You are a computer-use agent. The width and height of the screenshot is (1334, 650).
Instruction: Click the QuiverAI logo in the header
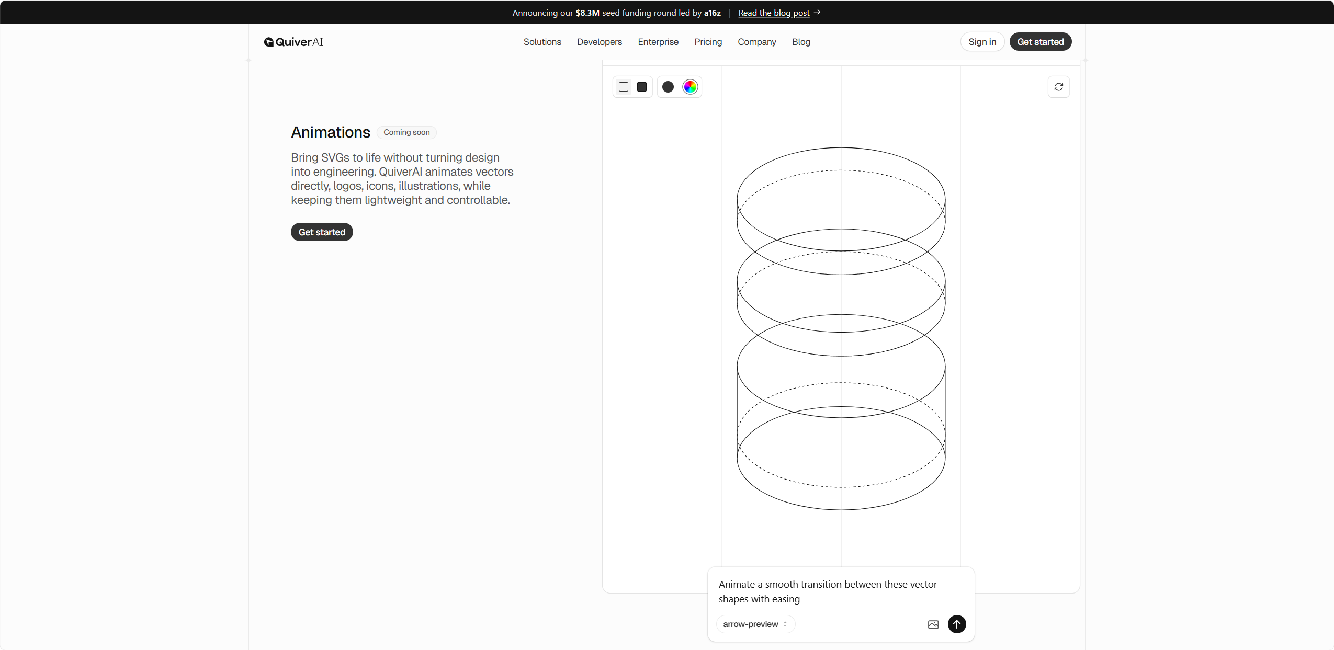pos(293,42)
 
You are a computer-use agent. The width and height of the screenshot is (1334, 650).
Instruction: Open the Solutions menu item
pos(542,42)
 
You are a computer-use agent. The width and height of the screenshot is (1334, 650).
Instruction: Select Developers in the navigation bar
pos(600,42)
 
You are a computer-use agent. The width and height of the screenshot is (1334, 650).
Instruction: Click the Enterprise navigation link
pos(658,42)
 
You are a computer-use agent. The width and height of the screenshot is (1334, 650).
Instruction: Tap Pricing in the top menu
pos(708,42)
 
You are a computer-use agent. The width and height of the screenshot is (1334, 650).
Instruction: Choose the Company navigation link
pos(756,42)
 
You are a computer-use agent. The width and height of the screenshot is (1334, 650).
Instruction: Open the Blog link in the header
pos(801,42)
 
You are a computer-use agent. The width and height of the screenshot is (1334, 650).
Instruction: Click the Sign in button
pos(982,42)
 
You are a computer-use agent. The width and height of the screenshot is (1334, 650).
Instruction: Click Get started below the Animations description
pos(322,232)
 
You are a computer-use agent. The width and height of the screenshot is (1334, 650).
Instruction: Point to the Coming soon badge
pos(406,132)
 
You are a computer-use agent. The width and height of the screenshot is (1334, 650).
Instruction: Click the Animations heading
pos(331,132)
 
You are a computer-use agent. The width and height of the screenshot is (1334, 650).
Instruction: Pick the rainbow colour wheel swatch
pos(690,87)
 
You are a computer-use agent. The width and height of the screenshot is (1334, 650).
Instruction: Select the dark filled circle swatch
pos(668,87)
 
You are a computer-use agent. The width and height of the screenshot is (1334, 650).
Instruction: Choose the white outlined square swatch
pos(624,87)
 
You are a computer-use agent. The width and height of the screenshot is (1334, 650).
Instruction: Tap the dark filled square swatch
pos(642,87)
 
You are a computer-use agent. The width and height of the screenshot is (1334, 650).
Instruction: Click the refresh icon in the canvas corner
pos(1059,87)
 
